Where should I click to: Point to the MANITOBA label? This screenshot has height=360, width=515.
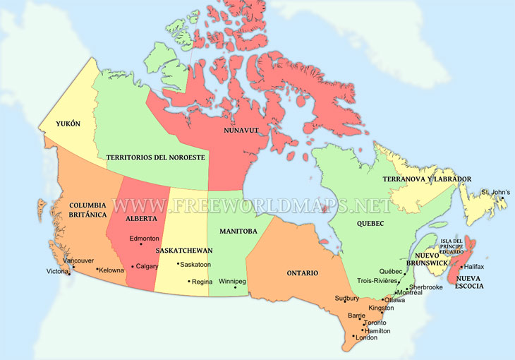pyautogui.click(x=238, y=231)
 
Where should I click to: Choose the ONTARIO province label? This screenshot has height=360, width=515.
pyautogui.click(x=302, y=272)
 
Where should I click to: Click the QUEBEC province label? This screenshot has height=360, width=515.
pyautogui.click(x=370, y=224)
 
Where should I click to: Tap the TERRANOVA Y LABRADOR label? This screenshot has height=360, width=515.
pyautogui.click(x=427, y=179)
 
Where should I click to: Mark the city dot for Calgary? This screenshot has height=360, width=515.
pyautogui.click(x=132, y=267)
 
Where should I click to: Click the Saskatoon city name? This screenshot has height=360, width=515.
pyautogui.click(x=196, y=265)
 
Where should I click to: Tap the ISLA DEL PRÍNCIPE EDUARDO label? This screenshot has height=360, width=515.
pyautogui.click(x=452, y=246)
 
